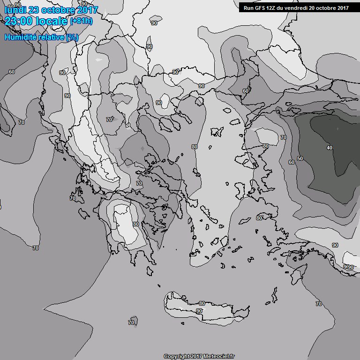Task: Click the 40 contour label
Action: click(x=329, y=148)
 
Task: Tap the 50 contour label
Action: click(x=300, y=158)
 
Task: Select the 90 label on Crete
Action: click(x=199, y=311)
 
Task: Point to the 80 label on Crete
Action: click(x=202, y=304)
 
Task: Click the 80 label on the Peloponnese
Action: click(x=135, y=225)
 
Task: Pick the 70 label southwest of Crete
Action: click(x=131, y=322)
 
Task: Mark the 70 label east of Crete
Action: click(x=319, y=304)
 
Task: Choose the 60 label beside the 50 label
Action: click(x=291, y=162)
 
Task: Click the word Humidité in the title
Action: click(x=22, y=37)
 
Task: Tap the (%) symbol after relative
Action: click(x=72, y=37)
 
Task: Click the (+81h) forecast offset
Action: click(x=82, y=21)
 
